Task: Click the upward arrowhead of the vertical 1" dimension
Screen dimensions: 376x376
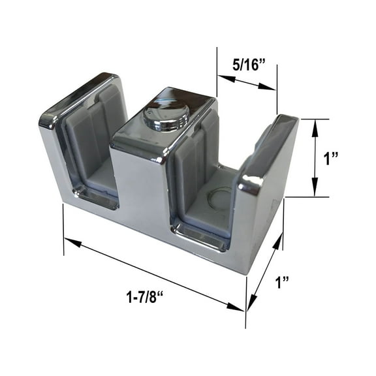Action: tap(316, 123)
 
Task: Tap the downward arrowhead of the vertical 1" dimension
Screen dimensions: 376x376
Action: tap(316, 192)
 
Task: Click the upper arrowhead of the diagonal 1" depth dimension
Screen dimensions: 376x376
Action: tap(279, 243)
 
